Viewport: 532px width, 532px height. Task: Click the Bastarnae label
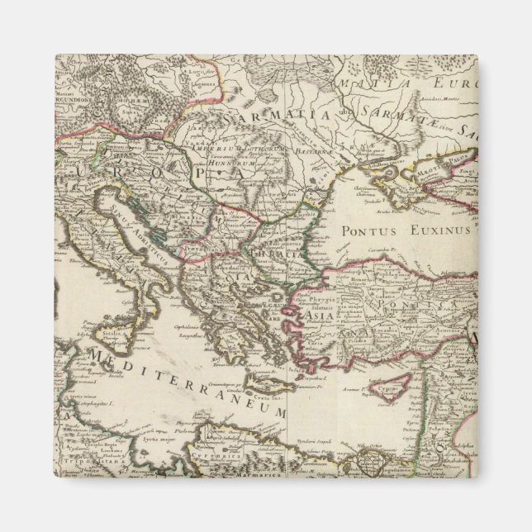tap(294, 152)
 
